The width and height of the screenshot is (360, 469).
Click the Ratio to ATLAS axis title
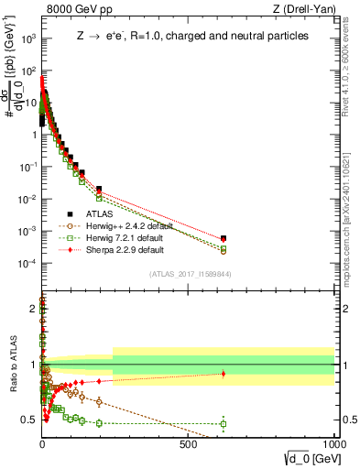[x=13, y=365]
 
